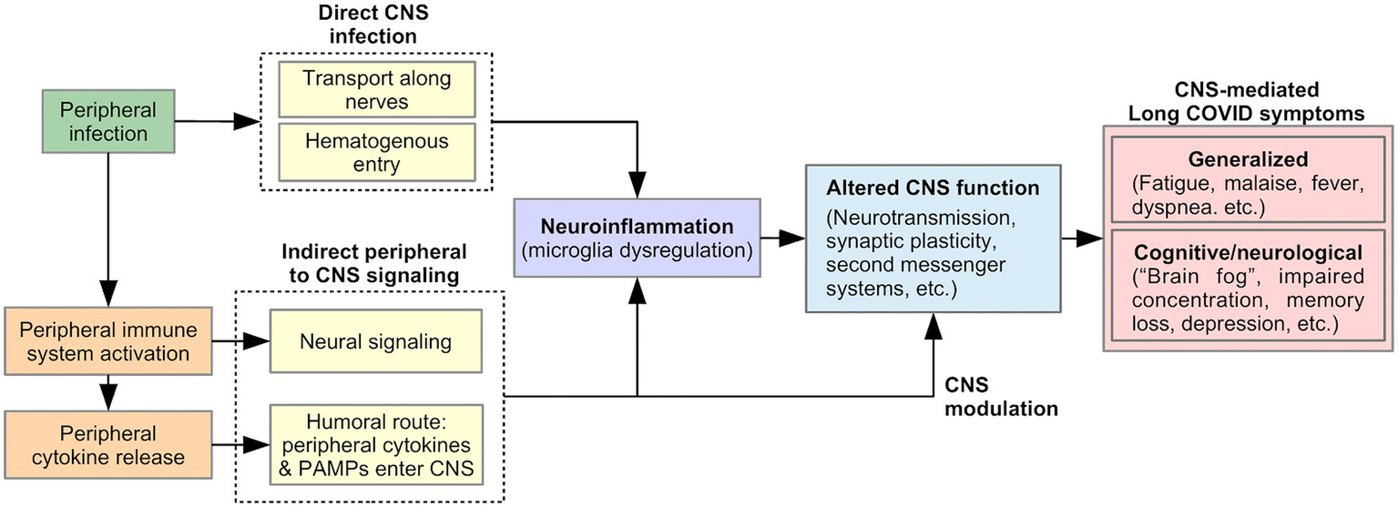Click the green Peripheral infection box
[108, 122]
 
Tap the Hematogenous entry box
[376, 151]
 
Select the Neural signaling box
[376, 342]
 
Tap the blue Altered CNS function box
[931, 239]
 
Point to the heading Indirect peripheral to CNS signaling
[373, 262]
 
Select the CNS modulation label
[1001, 396]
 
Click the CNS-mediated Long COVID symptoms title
[1248, 102]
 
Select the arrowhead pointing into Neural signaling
[261, 342]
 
